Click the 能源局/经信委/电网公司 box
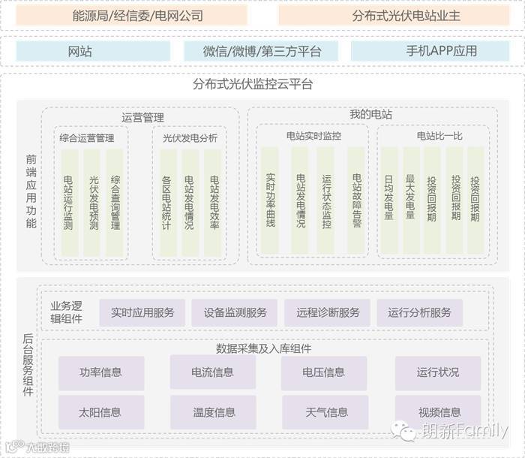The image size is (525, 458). pos(137,16)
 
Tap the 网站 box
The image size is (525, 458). pos(79,52)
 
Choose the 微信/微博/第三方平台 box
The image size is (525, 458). pos(262,52)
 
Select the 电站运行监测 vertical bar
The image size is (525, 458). pos(70,202)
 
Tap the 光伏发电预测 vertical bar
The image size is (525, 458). pos(93,202)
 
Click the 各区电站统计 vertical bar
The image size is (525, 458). pos(166,202)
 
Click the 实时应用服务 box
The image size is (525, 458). pos(142,312)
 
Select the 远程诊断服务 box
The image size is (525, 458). pos(328,312)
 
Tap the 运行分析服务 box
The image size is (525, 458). pos(420,312)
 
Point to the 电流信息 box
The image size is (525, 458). pos(212,372)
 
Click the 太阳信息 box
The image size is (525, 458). pos(100,412)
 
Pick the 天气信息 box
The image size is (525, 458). pos(326,412)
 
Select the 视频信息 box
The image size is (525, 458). pos(439,412)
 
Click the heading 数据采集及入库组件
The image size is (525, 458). pos(263,348)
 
